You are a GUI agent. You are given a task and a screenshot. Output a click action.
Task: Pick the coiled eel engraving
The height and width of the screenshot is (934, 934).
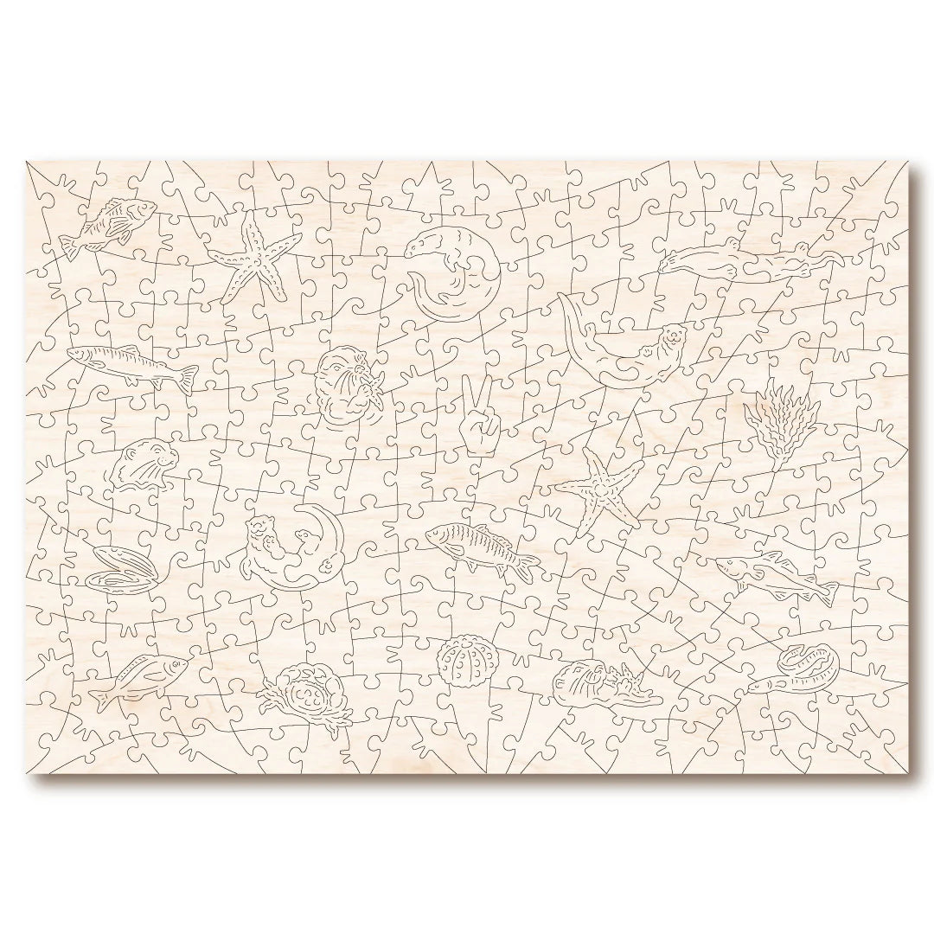pyautogui.click(x=808, y=664)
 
